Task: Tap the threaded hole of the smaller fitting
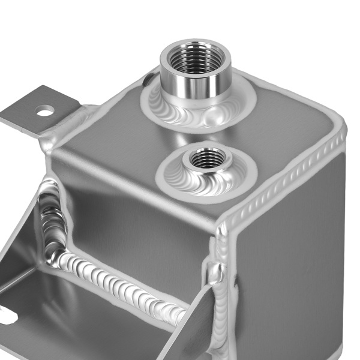pyautogui.click(x=207, y=158)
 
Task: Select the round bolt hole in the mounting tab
pyautogui.click(x=45, y=110)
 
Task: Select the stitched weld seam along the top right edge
pyautogui.click(x=288, y=174)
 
